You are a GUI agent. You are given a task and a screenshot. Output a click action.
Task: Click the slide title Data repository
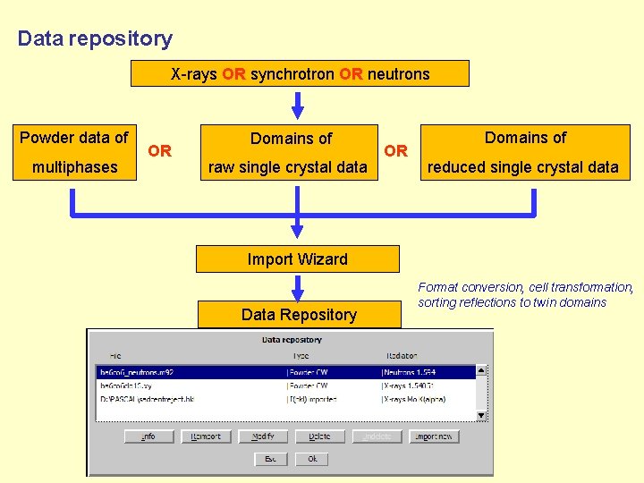coord(95,38)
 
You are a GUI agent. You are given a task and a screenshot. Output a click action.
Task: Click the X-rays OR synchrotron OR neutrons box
coord(300,73)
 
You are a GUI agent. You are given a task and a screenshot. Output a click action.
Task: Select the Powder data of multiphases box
coord(74,152)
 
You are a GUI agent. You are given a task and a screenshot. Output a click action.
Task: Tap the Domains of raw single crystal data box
coord(289,152)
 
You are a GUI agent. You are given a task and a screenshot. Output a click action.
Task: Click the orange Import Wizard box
coord(297,259)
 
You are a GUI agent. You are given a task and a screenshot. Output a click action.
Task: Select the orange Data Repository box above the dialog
coord(298,315)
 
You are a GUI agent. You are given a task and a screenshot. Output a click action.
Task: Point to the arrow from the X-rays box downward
coord(298,104)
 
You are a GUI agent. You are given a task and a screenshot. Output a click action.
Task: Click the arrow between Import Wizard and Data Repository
coord(298,287)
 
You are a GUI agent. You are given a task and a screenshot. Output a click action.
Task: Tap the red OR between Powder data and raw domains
coord(160,151)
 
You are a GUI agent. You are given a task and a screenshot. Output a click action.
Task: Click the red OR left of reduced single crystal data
coord(396,150)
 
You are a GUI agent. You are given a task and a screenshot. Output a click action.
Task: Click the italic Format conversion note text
coord(525,294)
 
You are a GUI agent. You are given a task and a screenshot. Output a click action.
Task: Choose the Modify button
coord(263,436)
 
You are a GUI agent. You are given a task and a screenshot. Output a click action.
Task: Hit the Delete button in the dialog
coord(319,436)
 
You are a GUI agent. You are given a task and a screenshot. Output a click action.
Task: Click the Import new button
coord(434,436)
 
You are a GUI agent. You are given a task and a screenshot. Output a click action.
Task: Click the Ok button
coord(312,459)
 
